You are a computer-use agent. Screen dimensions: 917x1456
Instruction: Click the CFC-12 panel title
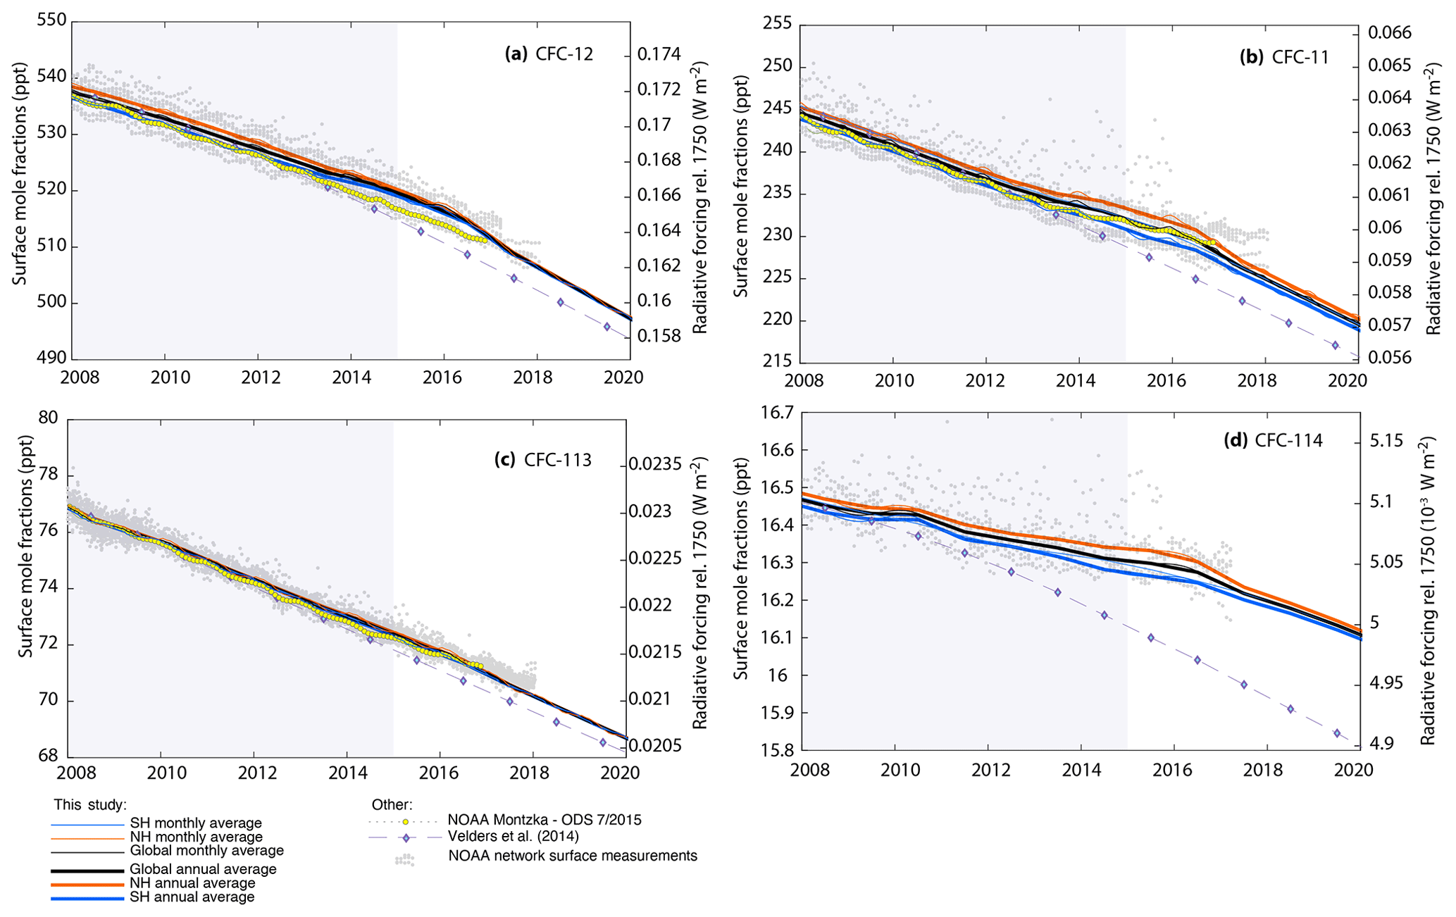(549, 54)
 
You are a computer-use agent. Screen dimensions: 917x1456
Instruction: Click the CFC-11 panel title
(1283, 57)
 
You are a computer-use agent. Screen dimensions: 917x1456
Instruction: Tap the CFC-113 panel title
(542, 460)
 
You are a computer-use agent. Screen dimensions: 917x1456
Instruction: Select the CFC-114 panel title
(1274, 441)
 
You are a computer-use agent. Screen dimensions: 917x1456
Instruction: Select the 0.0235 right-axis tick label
(656, 464)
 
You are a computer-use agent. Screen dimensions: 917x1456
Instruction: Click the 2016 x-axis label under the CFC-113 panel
(439, 773)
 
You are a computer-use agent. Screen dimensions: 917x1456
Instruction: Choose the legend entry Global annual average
(203, 869)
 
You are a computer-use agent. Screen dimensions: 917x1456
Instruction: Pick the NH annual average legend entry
(192, 883)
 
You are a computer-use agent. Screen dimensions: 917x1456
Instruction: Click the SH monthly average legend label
(195, 823)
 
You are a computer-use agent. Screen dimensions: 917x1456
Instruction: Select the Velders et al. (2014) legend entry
(513, 837)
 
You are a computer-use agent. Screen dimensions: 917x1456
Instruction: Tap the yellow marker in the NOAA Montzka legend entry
(406, 821)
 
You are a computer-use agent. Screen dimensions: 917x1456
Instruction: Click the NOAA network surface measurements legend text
(573, 856)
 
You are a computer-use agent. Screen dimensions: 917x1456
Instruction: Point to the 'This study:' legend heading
(90, 804)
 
